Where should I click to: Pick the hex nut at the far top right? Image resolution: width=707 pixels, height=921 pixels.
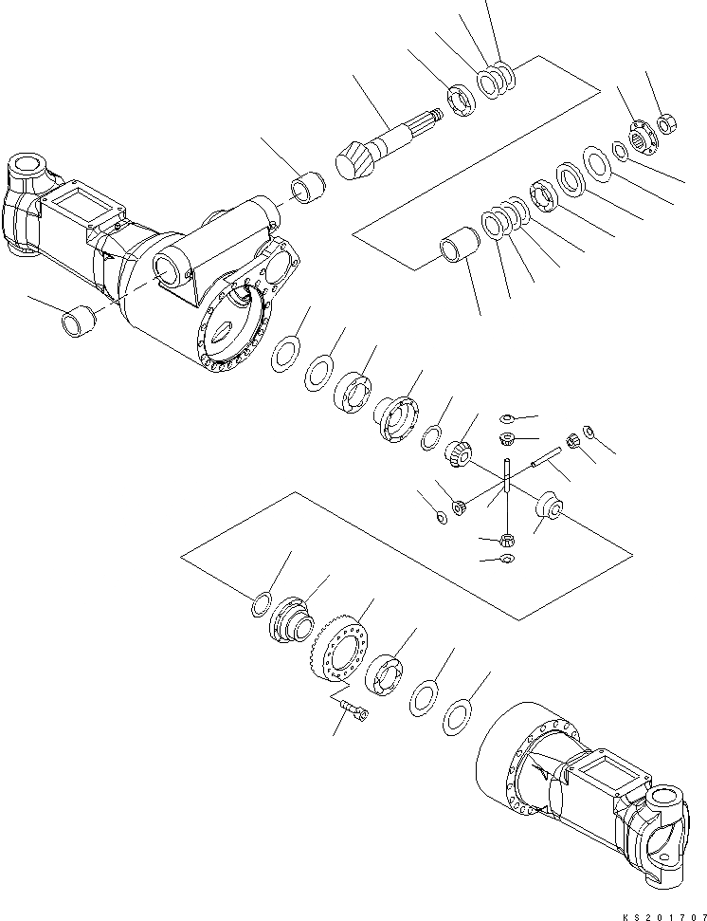pyautogui.click(x=667, y=122)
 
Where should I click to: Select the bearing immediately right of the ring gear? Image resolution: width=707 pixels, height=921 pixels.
pyautogui.click(x=386, y=675)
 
